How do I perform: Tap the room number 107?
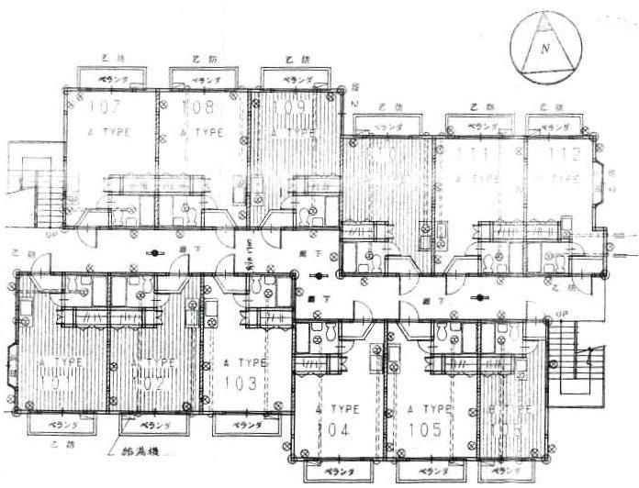click(x=111, y=108)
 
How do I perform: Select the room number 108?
click(x=204, y=108)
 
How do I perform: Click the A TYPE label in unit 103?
click(x=246, y=363)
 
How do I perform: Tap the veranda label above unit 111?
click(x=476, y=126)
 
